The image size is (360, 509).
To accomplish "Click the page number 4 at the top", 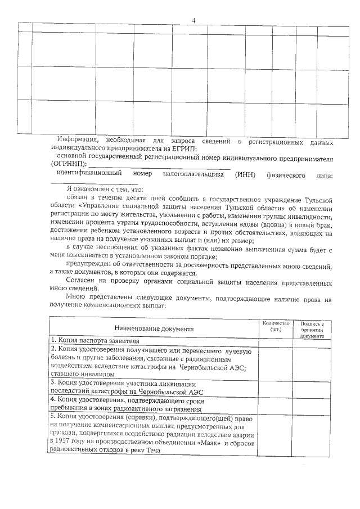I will point(193,21).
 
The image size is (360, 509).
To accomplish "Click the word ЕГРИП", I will point(184,148).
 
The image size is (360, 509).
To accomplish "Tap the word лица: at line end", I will point(325,176).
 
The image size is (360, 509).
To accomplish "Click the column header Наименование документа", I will point(154,328).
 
